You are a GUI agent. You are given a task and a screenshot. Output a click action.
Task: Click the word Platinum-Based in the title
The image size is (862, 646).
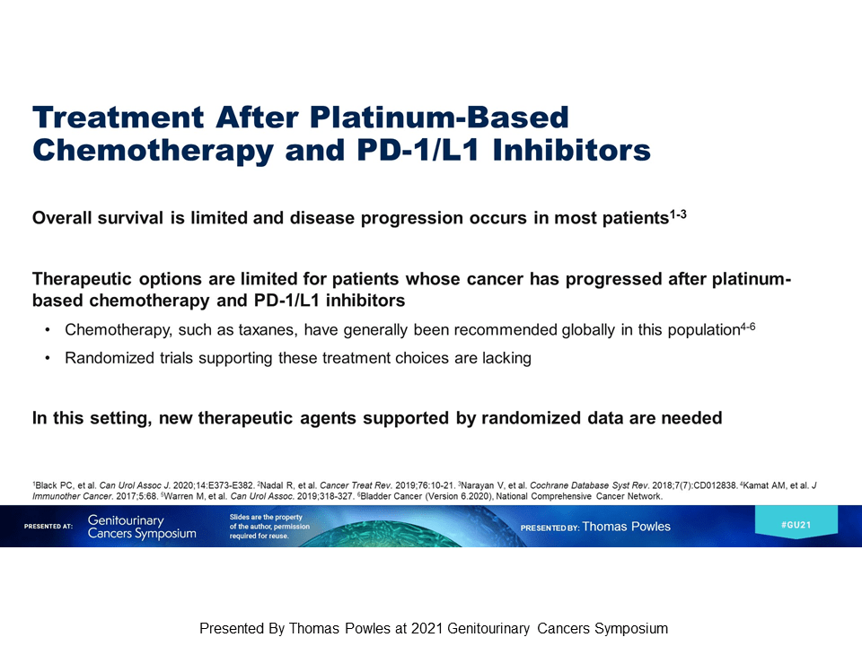click(x=439, y=117)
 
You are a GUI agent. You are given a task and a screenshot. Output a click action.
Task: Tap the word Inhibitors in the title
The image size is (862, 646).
click(x=571, y=150)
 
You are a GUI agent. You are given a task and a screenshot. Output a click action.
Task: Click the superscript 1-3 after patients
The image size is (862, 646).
click(x=678, y=214)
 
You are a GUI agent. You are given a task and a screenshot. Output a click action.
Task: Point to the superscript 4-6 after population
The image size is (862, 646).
click(x=748, y=327)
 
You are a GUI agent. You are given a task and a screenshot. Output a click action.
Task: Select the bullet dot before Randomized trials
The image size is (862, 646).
click(x=48, y=358)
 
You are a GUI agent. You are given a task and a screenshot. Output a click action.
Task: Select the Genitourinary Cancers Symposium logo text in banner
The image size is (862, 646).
click(x=142, y=527)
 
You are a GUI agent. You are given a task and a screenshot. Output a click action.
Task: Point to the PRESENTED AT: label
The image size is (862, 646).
click(x=48, y=527)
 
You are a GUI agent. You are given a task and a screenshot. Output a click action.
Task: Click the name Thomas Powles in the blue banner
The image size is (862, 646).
click(x=626, y=527)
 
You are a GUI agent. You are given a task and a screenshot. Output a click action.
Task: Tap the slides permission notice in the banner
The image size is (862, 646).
click(x=269, y=527)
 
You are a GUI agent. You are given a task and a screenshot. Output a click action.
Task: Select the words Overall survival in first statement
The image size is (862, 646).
click(x=98, y=218)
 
